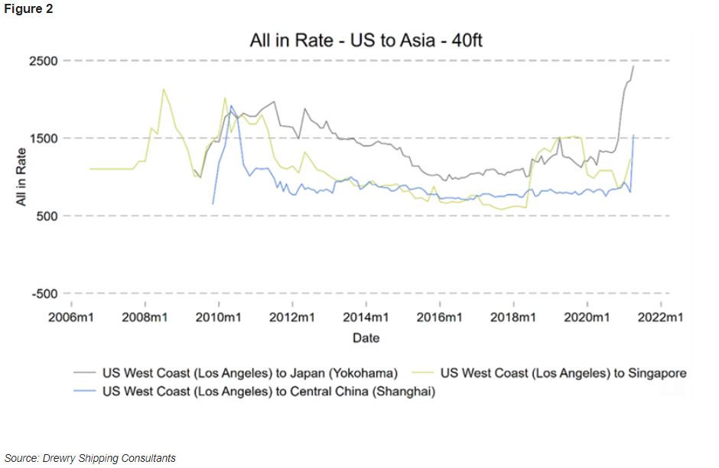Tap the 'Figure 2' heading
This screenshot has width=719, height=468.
pos(28,9)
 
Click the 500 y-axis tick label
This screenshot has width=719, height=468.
pos(49,216)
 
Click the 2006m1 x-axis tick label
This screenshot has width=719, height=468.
pos(71,317)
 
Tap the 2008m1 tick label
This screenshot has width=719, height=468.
pos(145,317)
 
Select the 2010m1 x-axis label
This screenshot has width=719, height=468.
pos(219,317)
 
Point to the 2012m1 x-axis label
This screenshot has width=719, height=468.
pos(292,317)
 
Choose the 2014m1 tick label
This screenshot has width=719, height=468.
pos(366,317)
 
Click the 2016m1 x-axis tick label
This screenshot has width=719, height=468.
pos(440,317)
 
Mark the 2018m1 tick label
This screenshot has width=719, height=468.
pos(513,317)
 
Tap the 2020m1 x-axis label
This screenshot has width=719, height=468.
pos(587,317)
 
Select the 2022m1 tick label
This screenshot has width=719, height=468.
pos(661,317)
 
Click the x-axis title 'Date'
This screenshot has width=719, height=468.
pos(366,337)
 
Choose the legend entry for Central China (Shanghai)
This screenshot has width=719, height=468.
pos(268,391)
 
